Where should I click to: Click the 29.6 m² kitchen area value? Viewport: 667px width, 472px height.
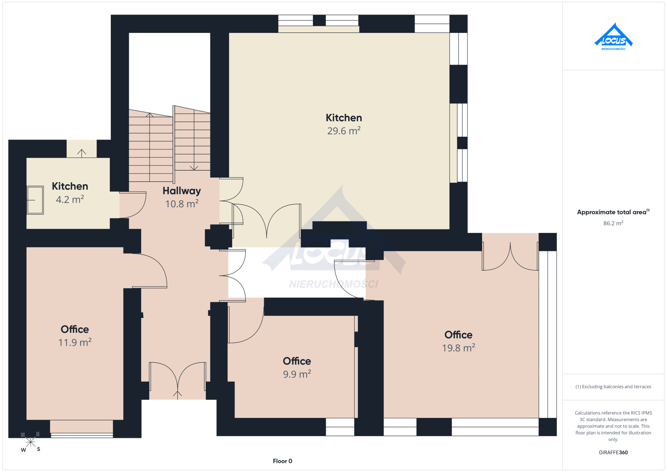344,131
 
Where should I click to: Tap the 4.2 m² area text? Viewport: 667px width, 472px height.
70,199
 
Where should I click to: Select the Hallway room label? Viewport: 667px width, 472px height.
182,191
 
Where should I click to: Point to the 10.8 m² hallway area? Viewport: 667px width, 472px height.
182,204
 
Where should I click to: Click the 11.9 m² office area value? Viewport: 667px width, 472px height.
75,343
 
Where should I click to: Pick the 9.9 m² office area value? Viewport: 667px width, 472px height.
297,374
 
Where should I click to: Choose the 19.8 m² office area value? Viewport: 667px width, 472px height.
458,348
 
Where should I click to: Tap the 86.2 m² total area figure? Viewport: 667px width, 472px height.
613,223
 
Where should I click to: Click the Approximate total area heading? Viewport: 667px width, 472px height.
613,212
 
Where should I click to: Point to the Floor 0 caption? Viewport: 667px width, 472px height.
282,461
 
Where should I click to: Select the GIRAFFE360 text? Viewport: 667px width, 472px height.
613,452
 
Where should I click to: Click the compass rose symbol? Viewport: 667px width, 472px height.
30,442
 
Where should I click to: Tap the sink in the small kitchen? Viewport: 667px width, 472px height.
35,200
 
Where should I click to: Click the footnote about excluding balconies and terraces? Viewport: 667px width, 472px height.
613,387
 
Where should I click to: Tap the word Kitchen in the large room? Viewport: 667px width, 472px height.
344,118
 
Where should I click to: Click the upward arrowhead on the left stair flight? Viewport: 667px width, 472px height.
150,115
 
